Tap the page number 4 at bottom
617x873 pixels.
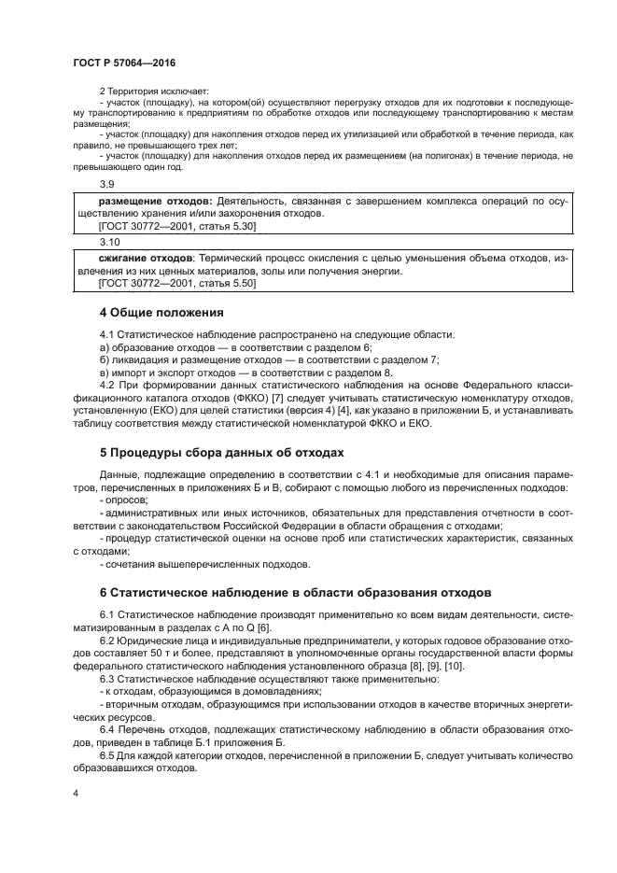point(76,792)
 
